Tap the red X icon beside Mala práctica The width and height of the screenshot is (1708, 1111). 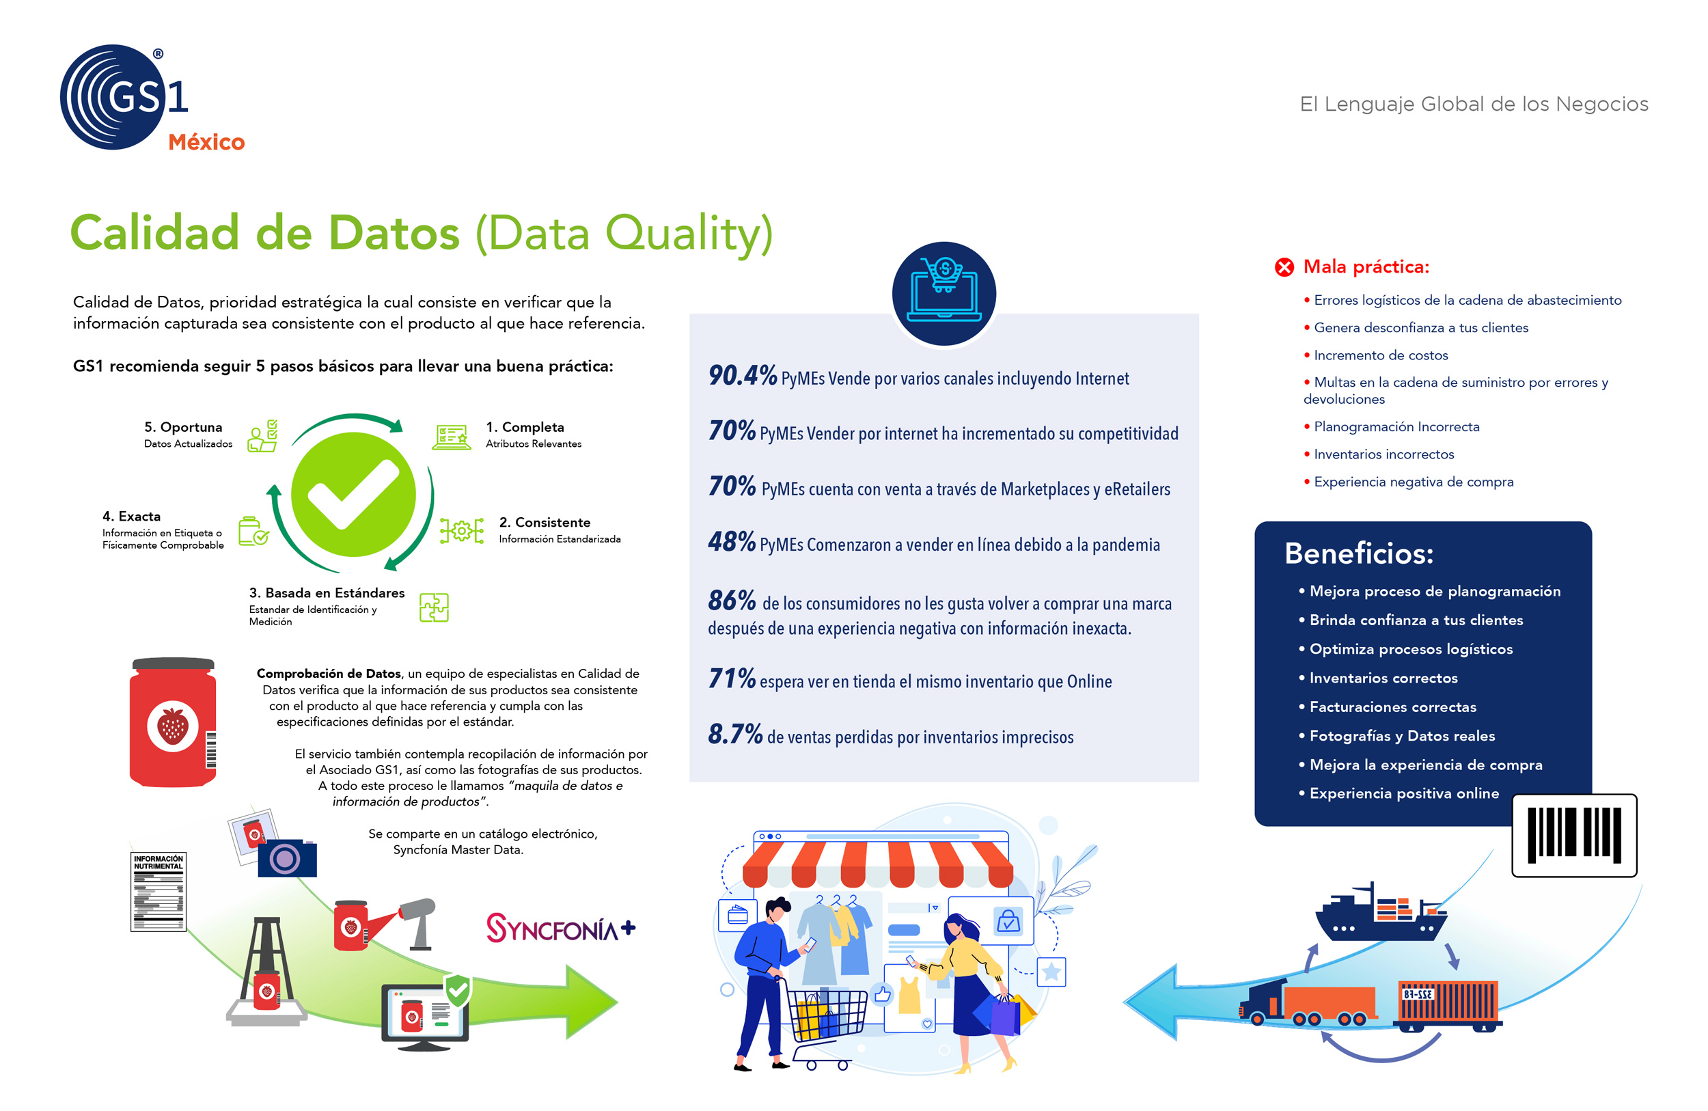tap(1284, 267)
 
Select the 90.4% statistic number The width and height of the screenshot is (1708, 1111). tap(742, 375)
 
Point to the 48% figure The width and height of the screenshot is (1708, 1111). tap(731, 541)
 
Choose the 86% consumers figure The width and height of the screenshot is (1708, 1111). tap(731, 600)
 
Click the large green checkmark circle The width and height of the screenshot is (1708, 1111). tap(353, 494)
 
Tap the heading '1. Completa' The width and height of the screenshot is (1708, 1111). tap(525, 427)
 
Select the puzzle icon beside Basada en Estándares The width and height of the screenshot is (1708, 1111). tap(435, 607)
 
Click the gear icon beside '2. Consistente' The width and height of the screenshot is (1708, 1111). tap(461, 531)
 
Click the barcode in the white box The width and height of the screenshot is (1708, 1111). tap(1575, 836)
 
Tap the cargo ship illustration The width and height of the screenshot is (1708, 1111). tap(1379, 912)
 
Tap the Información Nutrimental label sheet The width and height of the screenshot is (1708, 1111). tap(159, 892)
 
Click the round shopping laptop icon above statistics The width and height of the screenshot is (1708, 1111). tap(943, 294)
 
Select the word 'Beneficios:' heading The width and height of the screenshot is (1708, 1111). tap(1358, 553)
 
